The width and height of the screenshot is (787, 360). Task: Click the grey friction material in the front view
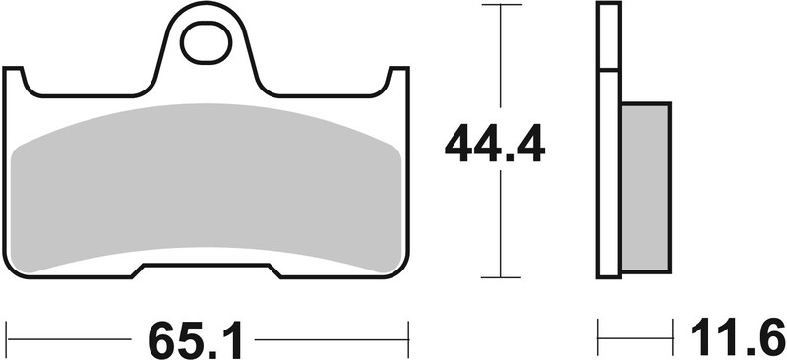point(207,187)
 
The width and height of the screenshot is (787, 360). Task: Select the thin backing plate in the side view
point(609,177)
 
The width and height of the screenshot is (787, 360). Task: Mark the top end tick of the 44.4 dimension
point(502,5)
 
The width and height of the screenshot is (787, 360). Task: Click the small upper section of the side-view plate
point(609,37)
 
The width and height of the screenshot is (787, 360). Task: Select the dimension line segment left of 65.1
point(69,339)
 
